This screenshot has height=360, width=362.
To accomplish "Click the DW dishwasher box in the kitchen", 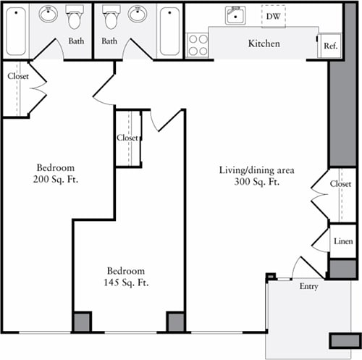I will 273,15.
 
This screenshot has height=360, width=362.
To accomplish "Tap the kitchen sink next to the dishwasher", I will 235,15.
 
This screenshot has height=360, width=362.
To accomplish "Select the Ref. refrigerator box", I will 330,46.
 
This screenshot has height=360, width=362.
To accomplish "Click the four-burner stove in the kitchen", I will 198,45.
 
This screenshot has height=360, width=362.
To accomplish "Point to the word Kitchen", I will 264,44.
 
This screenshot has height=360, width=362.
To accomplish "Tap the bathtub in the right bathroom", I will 169,32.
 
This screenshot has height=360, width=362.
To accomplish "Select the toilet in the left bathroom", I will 75,17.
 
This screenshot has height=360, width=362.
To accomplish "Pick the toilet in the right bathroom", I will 111,17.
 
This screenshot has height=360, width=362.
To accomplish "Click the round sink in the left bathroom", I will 49,14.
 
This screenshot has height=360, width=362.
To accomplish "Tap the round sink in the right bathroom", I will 138,14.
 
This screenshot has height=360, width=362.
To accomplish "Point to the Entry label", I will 308,287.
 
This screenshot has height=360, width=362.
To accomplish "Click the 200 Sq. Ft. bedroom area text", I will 56,179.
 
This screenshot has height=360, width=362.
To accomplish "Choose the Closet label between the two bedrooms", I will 127,138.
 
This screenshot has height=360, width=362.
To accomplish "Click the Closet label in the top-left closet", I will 18,76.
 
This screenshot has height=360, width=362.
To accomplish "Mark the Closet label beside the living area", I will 340,184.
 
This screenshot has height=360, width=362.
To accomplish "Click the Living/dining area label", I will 256,170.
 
